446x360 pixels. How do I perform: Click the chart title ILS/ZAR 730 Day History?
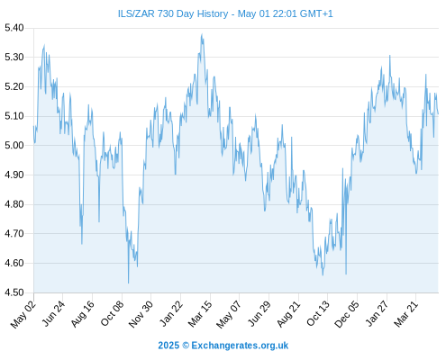[x=173, y=13]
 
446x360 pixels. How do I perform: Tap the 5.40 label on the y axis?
[x=14, y=28]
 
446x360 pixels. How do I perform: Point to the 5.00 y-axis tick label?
[x=14, y=146]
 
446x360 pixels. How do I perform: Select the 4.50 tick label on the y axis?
[x=14, y=292]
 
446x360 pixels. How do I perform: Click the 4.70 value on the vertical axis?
[x=14, y=234]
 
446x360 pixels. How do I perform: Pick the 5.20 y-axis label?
[x=14, y=86]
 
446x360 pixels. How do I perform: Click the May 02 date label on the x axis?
[x=23, y=315]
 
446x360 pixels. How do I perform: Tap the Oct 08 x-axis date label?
[x=112, y=313]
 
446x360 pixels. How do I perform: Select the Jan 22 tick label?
[x=171, y=313]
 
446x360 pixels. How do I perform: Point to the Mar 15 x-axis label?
[x=200, y=314]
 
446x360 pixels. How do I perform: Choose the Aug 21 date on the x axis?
[x=288, y=314]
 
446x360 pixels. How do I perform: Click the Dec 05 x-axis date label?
[x=347, y=314]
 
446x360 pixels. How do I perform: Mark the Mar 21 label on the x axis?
[x=406, y=314]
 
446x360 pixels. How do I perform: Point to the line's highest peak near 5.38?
[x=202, y=34]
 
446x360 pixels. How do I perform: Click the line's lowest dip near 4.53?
[x=129, y=283]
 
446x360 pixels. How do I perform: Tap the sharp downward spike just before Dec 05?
[x=346, y=274]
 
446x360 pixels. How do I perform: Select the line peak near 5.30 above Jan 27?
[x=390, y=56]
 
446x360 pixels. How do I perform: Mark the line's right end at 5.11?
[x=438, y=114]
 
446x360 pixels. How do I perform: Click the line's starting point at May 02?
[x=33, y=126]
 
